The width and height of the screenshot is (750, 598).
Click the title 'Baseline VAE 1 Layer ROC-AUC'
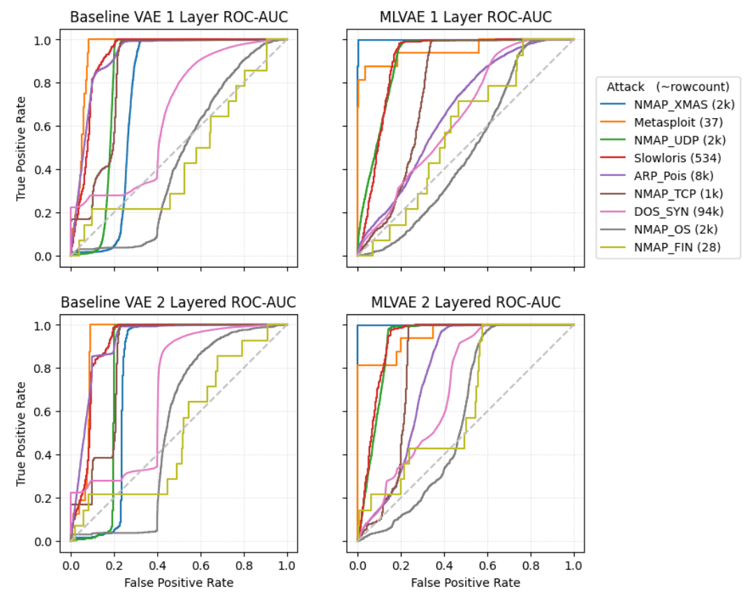179,17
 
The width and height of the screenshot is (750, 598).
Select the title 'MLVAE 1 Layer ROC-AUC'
465,17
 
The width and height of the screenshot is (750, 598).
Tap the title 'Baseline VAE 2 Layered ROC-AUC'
179,302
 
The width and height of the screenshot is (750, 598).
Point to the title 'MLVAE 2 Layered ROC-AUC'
465,302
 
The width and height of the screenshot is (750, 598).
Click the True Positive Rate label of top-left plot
21,148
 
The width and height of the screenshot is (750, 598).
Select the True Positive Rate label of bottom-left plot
21,433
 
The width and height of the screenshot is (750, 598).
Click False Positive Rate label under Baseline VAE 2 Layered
179,582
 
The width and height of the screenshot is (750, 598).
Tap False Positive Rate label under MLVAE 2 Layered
465,582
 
